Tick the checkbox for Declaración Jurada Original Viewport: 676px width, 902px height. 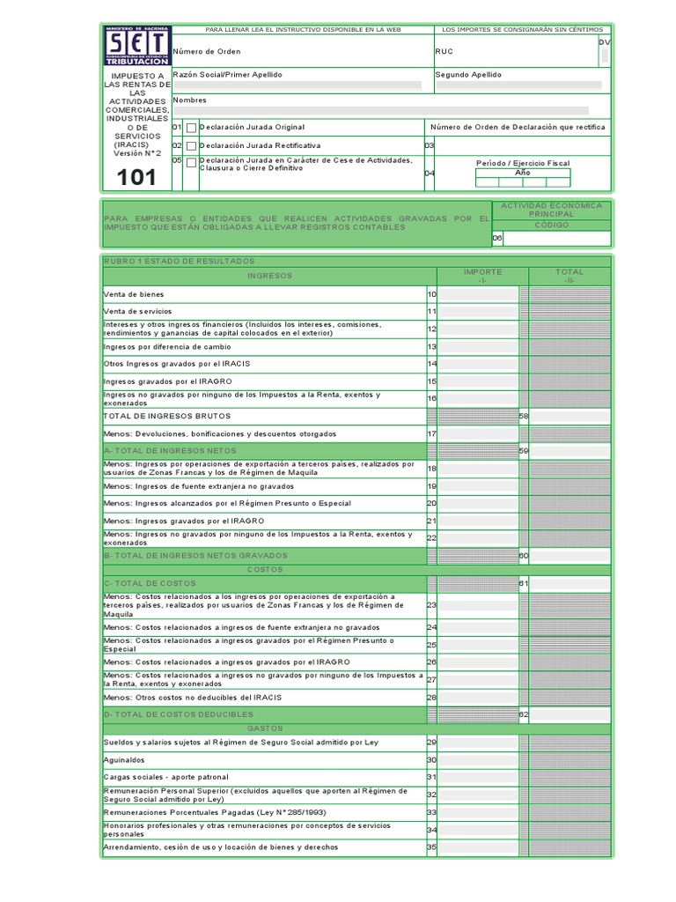click(191, 128)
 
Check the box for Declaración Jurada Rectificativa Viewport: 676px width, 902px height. click(191, 145)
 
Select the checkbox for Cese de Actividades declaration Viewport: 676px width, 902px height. click(191, 163)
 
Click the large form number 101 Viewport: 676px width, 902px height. click(136, 178)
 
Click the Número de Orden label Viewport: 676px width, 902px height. click(206, 52)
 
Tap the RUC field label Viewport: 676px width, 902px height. click(445, 52)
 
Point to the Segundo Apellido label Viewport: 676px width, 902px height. click(468, 75)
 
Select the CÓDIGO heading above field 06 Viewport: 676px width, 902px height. click(551, 225)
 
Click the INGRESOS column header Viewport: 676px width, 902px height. click(268, 276)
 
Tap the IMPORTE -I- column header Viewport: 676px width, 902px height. click(482, 276)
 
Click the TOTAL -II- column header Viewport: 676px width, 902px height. click(569, 276)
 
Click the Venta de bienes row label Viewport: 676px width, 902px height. click(133, 294)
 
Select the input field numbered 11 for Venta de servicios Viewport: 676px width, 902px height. click(478, 312)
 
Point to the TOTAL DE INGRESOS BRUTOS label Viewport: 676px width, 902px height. click(167, 416)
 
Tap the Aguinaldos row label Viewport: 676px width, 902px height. click(124, 760)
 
